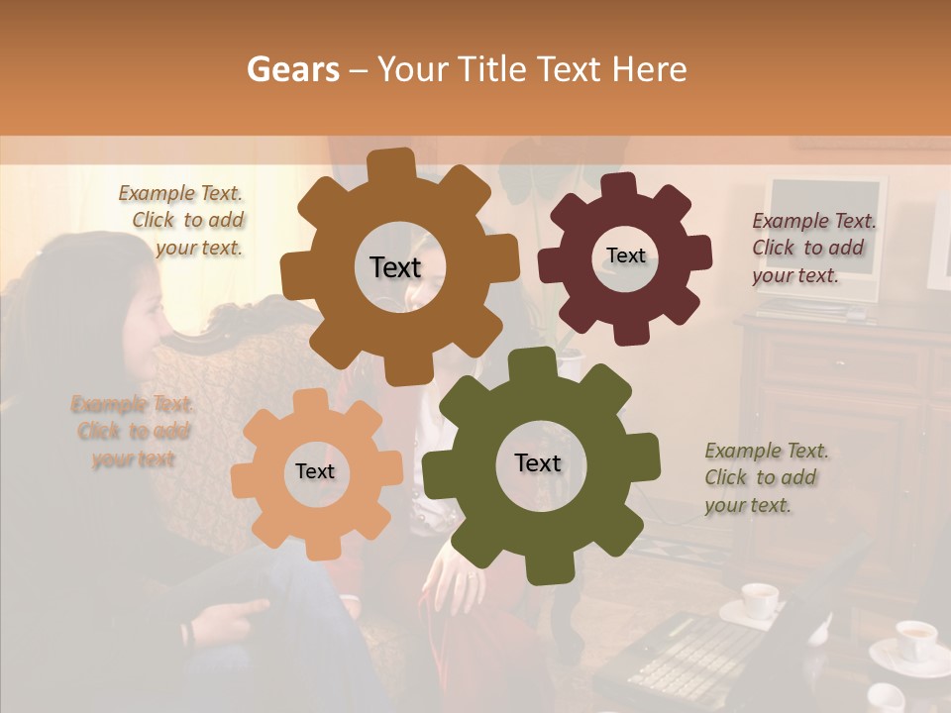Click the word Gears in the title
tap(293, 69)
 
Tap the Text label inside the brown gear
tap(395, 267)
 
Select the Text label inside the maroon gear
tap(625, 255)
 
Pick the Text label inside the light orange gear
tap(315, 471)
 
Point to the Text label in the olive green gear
tap(537, 462)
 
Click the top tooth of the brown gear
tap(398, 164)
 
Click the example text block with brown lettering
tap(182, 221)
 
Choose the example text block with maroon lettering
tap(813, 248)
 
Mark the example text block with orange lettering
tap(133, 431)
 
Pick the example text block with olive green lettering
tap(766, 477)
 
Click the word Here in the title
tap(650, 69)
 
